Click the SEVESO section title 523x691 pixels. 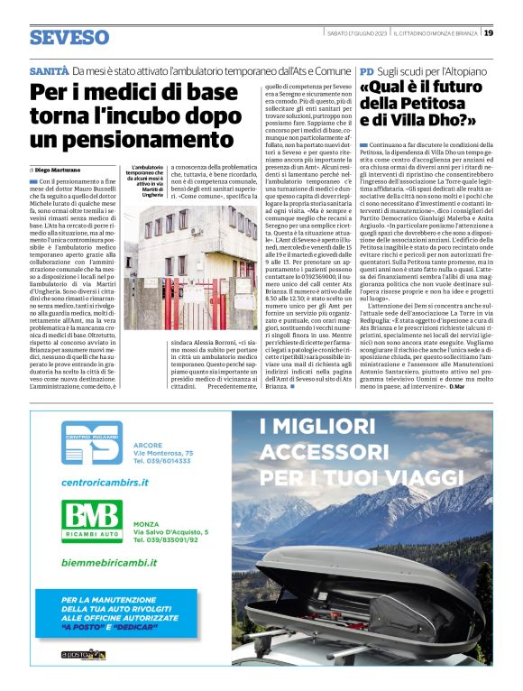pos(69,38)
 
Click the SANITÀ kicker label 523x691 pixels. pos(49,70)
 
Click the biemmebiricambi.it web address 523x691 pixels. pos(108,561)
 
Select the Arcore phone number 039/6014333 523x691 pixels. pos(162,460)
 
